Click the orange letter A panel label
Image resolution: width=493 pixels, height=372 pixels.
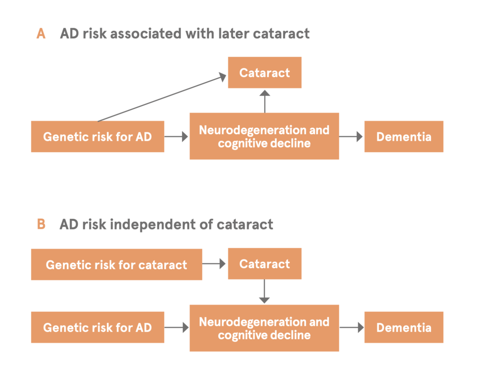click(41, 34)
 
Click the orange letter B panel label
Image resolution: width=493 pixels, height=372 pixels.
click(41, 224)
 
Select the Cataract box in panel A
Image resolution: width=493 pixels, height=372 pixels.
click(265, 72)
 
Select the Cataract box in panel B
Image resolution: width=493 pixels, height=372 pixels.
click(265, 264)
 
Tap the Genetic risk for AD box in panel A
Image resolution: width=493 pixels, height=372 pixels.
click(97, 137)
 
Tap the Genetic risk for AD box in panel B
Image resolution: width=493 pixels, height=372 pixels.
click(97, 327)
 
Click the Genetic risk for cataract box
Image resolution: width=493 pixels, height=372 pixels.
click(117, 265)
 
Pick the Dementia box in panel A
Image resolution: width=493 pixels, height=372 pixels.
click(404, 137)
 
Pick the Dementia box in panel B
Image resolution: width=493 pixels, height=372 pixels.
click(404, 327)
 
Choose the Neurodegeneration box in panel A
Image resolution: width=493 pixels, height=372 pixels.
click(264, 136)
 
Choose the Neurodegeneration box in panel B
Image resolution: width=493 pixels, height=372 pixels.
click(264, 328)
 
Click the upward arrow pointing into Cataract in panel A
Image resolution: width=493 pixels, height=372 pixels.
click(265, 101)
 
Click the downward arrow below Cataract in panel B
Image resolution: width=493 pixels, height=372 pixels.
click(264, 291)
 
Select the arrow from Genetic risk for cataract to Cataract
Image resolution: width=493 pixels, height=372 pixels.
click(214, 264)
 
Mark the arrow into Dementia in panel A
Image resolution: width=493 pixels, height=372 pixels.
click(351, 137)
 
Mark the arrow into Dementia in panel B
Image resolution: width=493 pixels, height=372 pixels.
click(351, 328)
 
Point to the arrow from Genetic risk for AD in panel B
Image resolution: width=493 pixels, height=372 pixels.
click(176, 328)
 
